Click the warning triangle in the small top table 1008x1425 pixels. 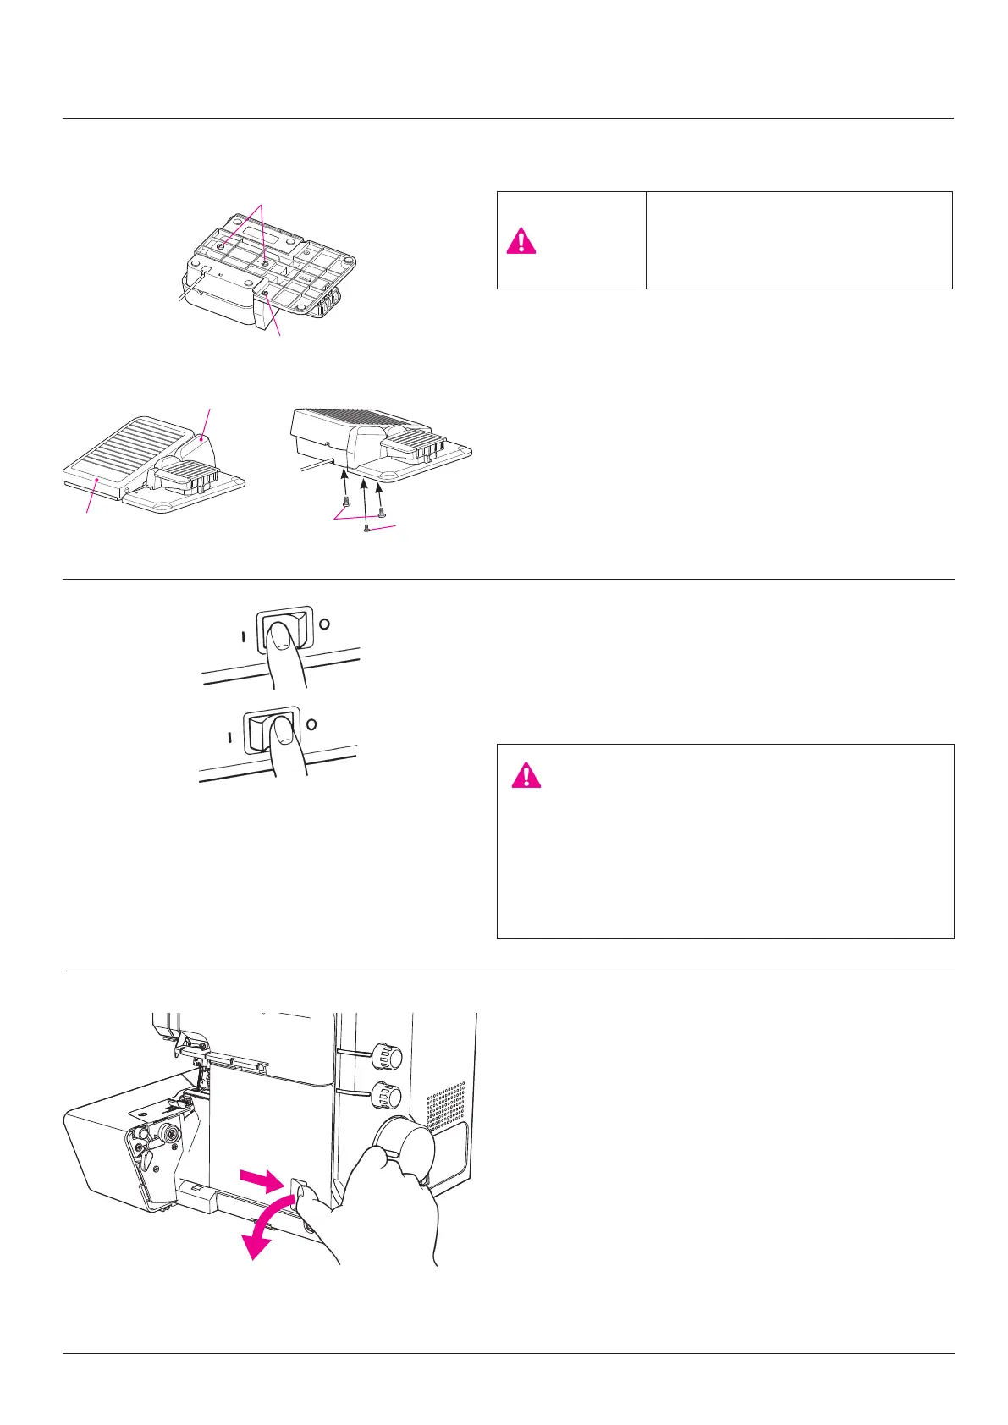click(x=521, y=241)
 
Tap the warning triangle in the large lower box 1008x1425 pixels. click(x=526, y=774)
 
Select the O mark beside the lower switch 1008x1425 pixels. click(x=311, y=724)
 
